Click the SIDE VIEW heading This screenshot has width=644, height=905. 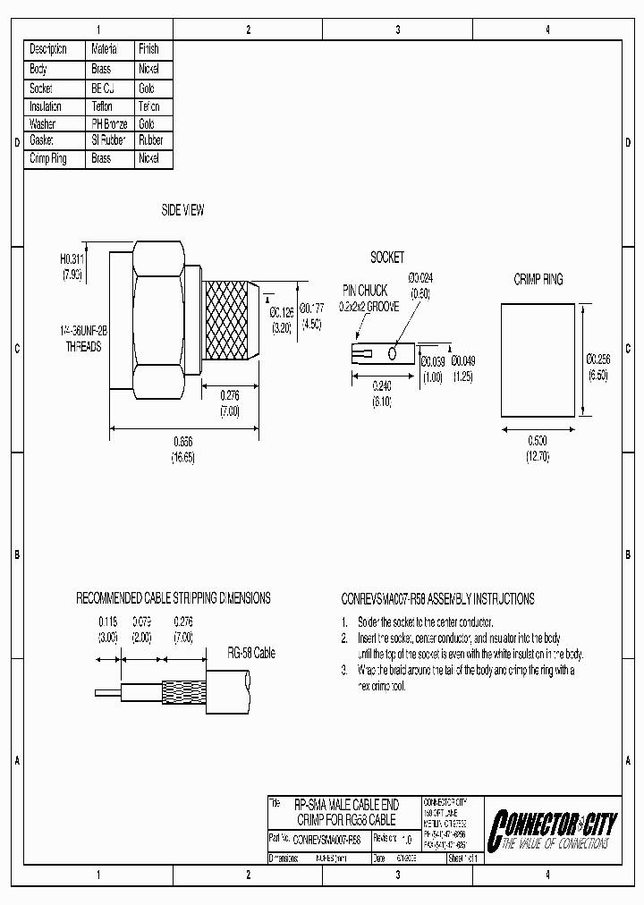(x=182, y=210)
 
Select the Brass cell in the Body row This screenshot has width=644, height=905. (x=101, y=69)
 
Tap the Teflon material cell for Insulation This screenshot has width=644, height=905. (x=102, y=106)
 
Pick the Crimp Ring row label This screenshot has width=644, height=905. (x=49, y=158)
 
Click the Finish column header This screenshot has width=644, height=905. (x=148, y=49)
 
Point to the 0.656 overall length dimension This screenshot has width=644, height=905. (x=182, y=443)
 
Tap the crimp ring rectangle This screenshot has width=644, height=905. (x=536, y=359)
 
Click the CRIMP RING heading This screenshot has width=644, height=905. (x=538, y=280)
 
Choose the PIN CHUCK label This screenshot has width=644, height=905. (x=364, y=291)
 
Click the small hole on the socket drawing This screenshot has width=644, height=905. (x=393, y=354)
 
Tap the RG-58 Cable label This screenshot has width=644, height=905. (x=251, y=654)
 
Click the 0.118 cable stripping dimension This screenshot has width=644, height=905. (x=107, y=621)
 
